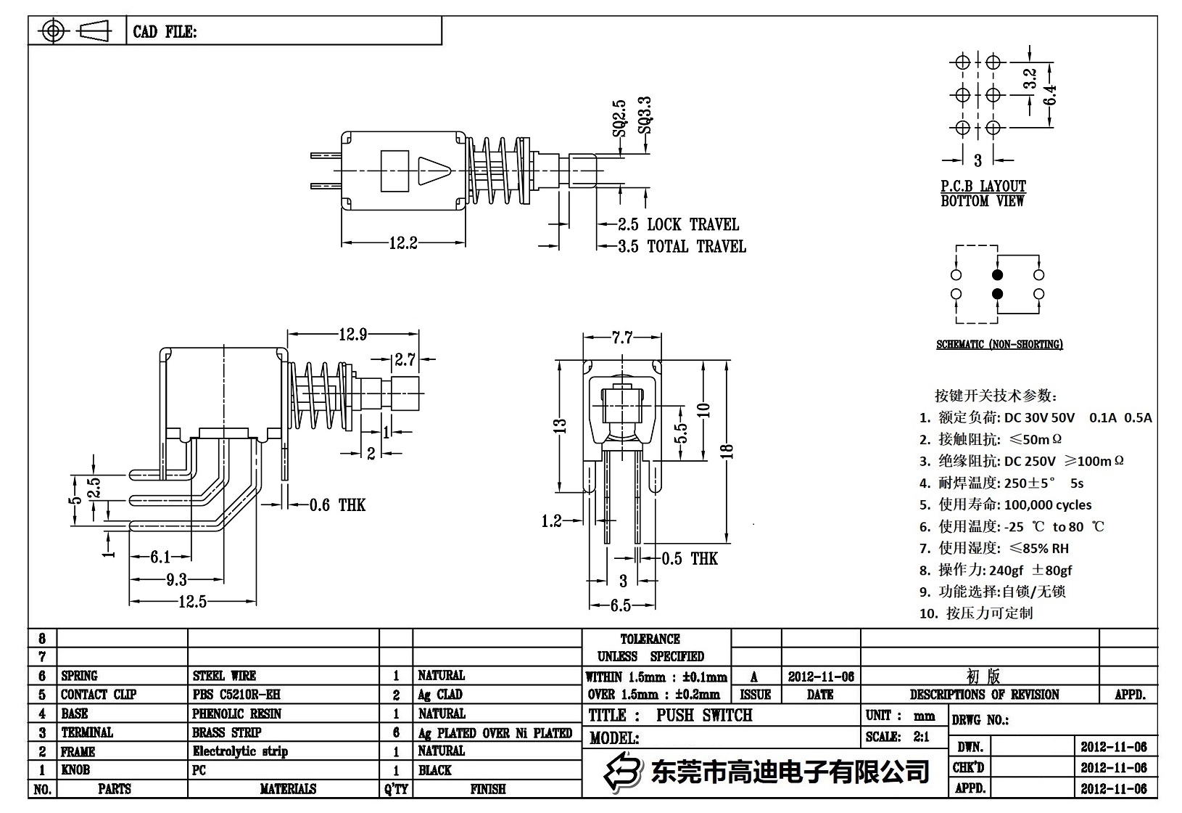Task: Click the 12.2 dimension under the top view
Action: point(403,243)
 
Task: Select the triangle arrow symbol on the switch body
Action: point(434,172)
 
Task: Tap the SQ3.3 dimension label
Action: point(644,116)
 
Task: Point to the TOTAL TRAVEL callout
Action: point(696,247)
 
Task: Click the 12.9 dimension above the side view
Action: point(352,335)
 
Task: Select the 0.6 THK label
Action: point(337,505)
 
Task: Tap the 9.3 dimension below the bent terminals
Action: point(176,579)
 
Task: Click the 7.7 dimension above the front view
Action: point(622,337)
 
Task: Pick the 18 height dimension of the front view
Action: point(730,451)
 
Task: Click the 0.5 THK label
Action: point(690,559)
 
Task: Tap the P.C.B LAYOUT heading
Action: point(983,187)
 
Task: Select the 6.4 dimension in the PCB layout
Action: point(1050,95)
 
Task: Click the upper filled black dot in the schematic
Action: point(997,275)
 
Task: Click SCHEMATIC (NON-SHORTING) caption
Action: point(999,345)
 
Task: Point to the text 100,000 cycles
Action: point(1048,504)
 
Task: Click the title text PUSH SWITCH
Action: point(704,716)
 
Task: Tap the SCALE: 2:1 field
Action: point(897,737)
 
